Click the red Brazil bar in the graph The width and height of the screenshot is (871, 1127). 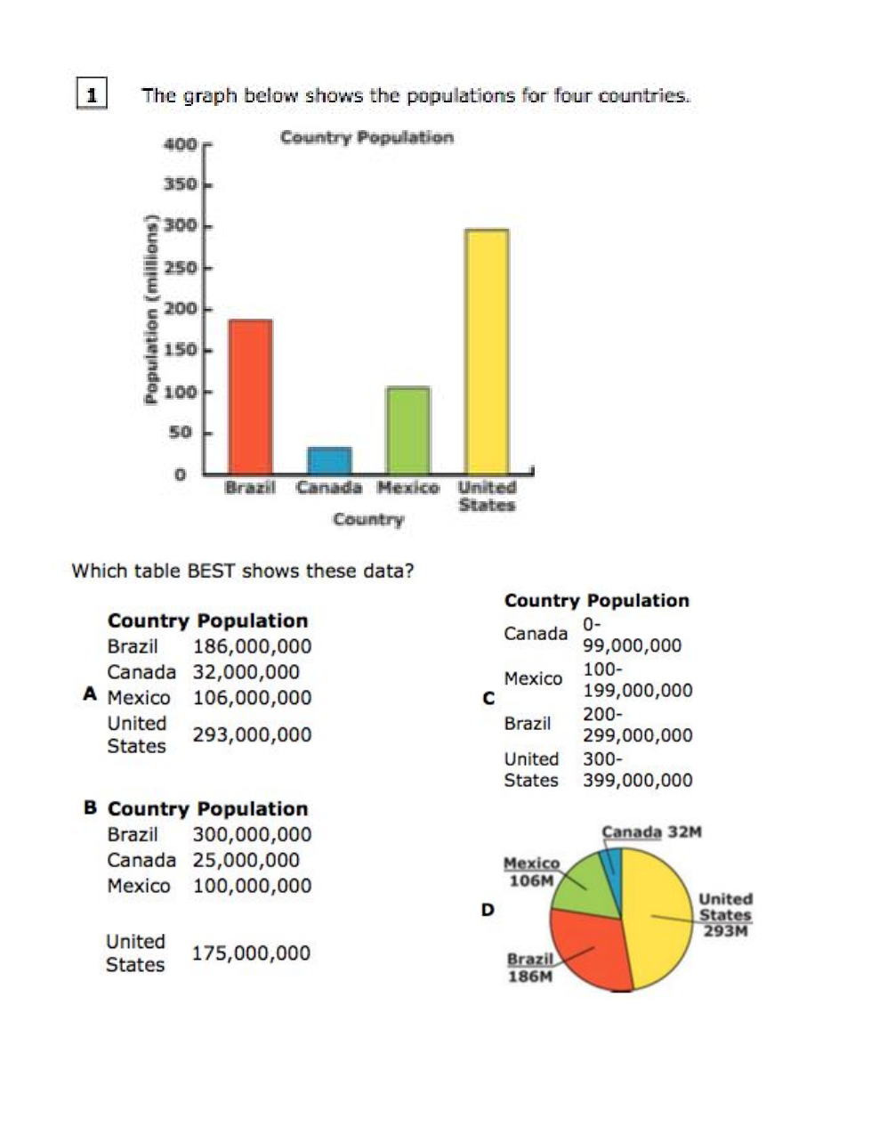point(250,396)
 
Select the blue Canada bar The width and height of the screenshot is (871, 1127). point(329,460)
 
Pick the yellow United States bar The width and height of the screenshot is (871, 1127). point(487,351)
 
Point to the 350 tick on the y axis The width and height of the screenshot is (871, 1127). point(181,185)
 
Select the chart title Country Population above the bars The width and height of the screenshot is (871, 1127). point(367,137)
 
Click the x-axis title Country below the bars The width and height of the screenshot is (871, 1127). point(368,519)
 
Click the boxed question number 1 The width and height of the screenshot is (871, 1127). point(92,93)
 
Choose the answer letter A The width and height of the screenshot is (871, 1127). point(90,693)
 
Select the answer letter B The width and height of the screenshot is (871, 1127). point(91,807)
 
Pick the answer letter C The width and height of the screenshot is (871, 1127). point(488,699)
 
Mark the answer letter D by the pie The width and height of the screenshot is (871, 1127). point(488,910)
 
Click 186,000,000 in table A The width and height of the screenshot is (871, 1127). point(252,646)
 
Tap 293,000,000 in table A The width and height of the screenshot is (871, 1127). point(252,734)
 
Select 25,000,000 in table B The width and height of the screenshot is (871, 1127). point(246,860)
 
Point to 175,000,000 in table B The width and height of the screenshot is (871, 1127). point(251,953)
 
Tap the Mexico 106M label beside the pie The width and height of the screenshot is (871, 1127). point(531,872)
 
